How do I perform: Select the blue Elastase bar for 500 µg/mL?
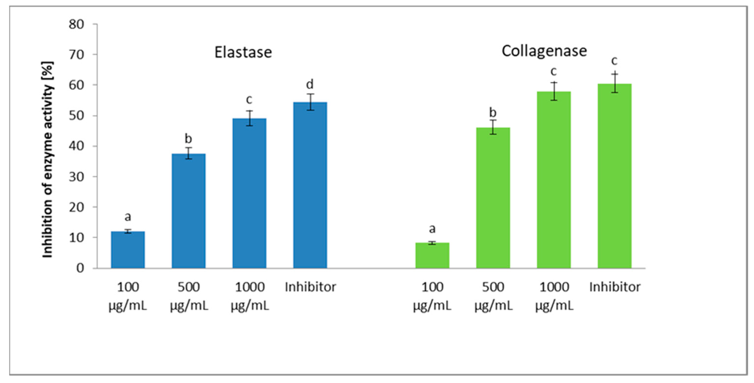188,211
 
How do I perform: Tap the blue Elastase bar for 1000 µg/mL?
249,193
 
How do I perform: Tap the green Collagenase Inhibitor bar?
614,176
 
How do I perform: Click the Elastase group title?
243,52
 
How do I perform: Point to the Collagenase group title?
544,51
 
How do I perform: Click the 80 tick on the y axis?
76,24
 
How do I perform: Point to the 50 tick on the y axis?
76,116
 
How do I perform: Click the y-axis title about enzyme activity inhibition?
48,160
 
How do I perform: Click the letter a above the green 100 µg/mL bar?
432,229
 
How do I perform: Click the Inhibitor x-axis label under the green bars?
615,287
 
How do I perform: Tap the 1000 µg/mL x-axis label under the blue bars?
250,296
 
